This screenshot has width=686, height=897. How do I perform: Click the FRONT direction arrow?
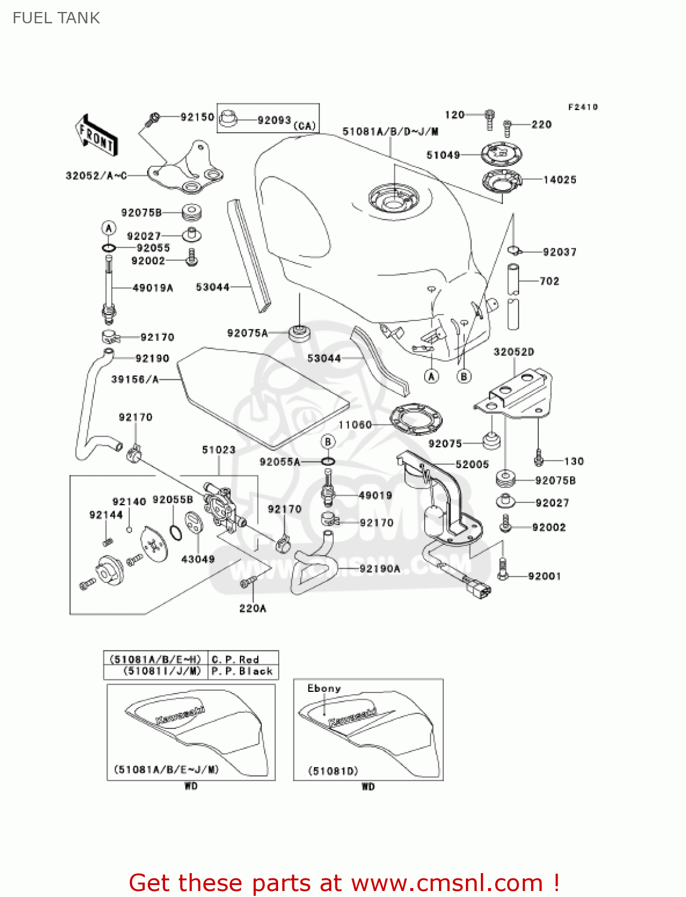click(x=96, y=136)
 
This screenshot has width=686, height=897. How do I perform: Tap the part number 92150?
click(x=197, y=117)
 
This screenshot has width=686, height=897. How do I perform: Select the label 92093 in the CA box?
click(x=274, y=120)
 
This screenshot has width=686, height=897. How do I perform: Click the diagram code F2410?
click(x=583, y=107)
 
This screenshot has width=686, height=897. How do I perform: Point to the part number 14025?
click(x=559, y=179)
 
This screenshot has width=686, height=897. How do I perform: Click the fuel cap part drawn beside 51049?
click(x=501, y=154)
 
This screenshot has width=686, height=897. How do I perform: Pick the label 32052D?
click(x=513, y=352)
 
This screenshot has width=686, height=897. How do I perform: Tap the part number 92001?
click(x=544, y=576)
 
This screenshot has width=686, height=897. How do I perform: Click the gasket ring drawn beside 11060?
click(x=416, y=420)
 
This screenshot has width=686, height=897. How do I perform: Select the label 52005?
click(x=472, y=465)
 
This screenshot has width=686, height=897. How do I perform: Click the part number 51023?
click(x=218, y=450)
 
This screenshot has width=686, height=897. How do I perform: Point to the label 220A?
click(x=252, y=608)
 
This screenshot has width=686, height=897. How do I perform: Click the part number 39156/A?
click(x=135, y=379)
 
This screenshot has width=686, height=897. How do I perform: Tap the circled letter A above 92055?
click(x=108, y=228)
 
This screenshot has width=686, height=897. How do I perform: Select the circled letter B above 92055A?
click(x=328, y=442)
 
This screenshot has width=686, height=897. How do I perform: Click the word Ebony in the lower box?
click(x=324, y=688)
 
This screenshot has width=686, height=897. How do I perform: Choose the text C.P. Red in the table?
click(x=235, y=659)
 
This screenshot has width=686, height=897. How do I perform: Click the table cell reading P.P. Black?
click(x=242, y=671)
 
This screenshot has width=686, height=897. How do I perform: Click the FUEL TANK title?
click(x=56, y=18)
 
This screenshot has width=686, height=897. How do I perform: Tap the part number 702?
click(x=549, y=281)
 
